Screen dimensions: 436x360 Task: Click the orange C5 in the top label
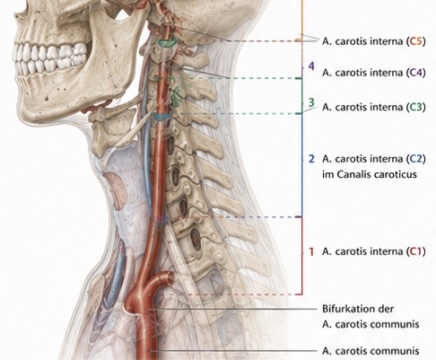415,41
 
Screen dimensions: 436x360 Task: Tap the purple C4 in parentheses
415,73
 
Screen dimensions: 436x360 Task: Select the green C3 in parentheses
415,107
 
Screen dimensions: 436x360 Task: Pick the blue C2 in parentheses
415,159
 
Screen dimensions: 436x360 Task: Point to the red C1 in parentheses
415,251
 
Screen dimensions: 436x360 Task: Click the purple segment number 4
311,66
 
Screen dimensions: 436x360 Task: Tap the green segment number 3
311,102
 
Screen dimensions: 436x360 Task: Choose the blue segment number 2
311,159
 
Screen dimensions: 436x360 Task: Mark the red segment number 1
311,251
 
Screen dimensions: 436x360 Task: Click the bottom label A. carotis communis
371,350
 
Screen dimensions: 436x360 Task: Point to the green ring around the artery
168,43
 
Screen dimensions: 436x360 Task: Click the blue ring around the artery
162,117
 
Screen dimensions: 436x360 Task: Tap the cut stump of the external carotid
169,277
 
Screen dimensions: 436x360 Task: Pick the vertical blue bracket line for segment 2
302,165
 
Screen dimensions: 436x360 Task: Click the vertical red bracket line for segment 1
302,256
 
